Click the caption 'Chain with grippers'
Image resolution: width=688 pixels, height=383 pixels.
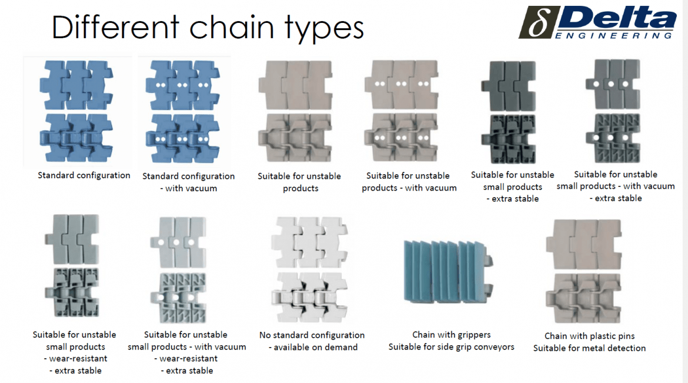pyautogui.click(x=451, y=335)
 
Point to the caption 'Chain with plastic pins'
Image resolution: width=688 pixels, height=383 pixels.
pyautogui.click(x=589, y=336)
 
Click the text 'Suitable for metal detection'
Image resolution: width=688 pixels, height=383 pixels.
pyautogui.click(x=589, y=348)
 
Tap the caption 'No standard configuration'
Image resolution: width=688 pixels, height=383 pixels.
pyautogui.click(x=312, y=335)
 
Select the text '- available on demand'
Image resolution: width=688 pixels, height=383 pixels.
pyautogui.click(x=313, y=347)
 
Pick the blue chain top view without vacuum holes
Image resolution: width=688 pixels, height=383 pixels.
pyautogui.click(x=78, y=85)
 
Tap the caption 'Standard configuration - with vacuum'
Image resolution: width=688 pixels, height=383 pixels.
pyautogui.click(x=188, y=182)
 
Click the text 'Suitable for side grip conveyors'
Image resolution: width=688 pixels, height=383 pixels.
pyautogui.click(x=451, y=347)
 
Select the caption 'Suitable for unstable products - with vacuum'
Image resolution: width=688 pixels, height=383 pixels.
pyautogui.click(x=409, y=182)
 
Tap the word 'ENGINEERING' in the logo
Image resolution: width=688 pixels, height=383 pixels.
pyautogui.click(x=614, y=36)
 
